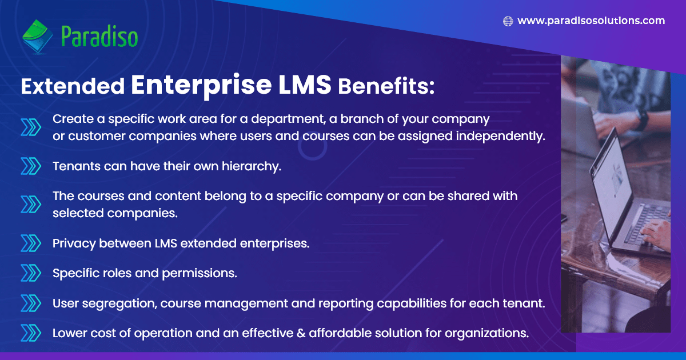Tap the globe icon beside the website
pyautogui.click(x=508, y=21)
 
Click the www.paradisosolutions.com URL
pyautogui.click(x=591, y=21)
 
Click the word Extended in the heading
pyautogui.click(x=73, y=86)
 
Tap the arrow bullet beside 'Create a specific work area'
pyautogui.click(x=31, y=127)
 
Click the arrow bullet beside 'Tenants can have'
pyautogui.click(x=31, y=166)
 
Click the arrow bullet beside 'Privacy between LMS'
pyautogui.click(x=31, y=243)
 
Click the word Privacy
pyautogui.click(x=74, y=243)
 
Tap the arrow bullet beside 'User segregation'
pyautogui.click(x=31, y=303)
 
